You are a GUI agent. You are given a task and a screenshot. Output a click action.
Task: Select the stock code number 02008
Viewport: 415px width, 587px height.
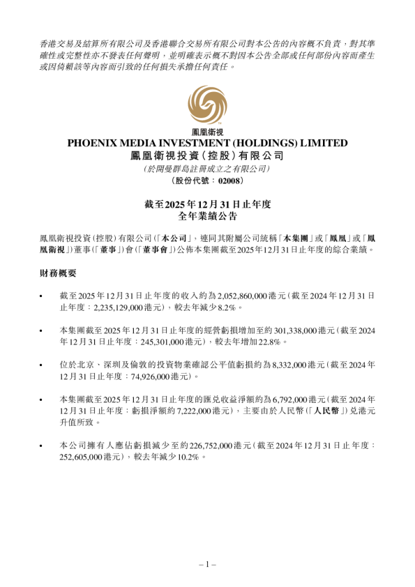click(229, 181)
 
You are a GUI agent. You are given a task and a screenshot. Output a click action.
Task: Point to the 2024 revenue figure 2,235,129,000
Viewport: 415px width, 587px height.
click(104, 307)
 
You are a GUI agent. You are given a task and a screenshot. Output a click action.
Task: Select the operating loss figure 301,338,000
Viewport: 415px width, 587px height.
click(268, 331)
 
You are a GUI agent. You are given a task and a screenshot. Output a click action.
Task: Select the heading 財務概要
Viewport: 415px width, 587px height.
click(59, 275)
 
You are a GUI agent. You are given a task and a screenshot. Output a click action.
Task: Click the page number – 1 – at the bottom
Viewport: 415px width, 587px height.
click(207, 564)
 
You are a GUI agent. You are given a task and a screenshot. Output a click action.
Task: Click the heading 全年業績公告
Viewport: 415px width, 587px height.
click(207, 217)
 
